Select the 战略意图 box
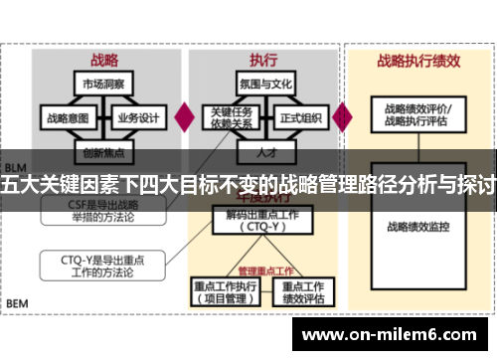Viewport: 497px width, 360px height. coord(68,117)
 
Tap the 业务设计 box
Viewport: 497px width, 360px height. coord(138,117)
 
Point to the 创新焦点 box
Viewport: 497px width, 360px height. coord(104,153)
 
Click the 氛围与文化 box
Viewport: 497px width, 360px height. coord(265,83)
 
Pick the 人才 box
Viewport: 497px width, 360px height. coord(265,153)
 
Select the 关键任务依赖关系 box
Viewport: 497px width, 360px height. coord(229,117)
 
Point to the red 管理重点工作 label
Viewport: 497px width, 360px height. coord(265,270)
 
